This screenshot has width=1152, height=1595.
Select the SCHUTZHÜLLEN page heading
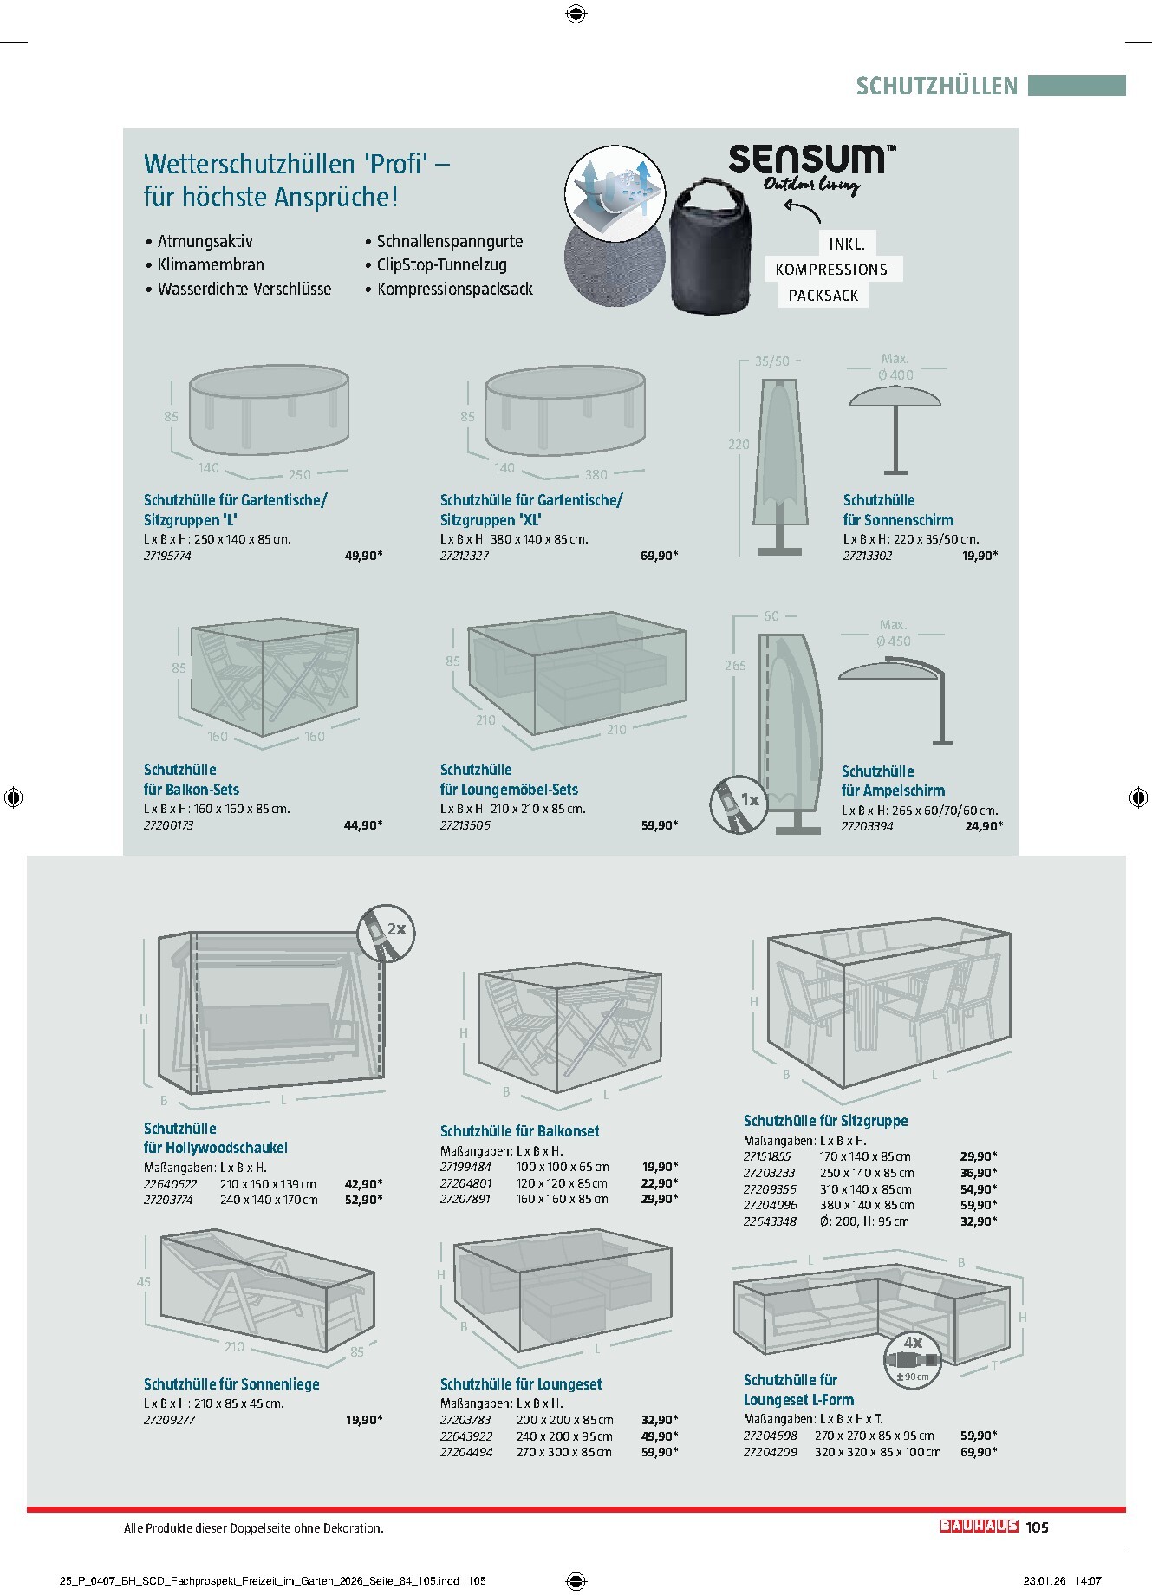click(x=936, y=86)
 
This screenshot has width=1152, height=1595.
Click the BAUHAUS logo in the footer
click(x=979, y=1527)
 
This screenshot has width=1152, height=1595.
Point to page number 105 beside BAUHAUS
click(x=1037, y=1527)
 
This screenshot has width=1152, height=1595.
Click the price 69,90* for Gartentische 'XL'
click(x=659, y=556)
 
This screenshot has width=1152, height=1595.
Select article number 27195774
click(x=167, y=556)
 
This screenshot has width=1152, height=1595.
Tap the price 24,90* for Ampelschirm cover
click(x=984, y=826)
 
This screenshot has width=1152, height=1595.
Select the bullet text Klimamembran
click(x=211, y=265)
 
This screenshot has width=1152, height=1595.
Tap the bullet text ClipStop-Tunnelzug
click(x=442, y=265)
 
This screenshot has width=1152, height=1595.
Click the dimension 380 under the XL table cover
click(x=596, y=475)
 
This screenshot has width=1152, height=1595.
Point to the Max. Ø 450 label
click(x=893, y=633)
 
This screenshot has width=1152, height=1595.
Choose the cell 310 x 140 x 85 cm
click(x=865, y=1189)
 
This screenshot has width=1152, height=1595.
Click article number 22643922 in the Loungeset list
click(x=465, y=1436)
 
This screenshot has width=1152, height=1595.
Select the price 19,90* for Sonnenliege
click(x=364, y=1420)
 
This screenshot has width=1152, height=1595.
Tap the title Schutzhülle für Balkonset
click(x=519, y=1131)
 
